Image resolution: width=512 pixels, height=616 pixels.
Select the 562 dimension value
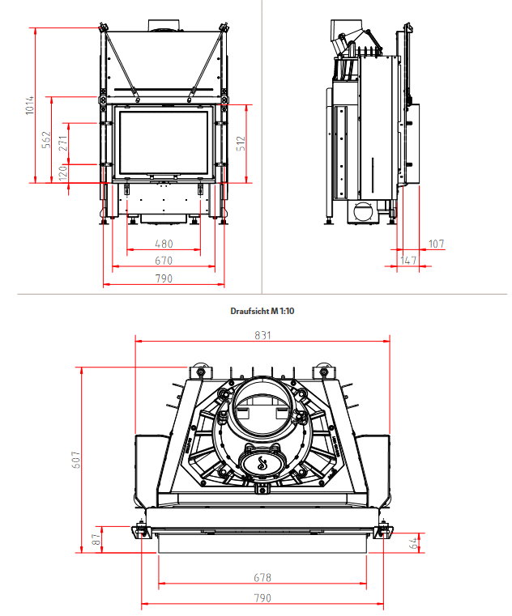(x=46, y=139)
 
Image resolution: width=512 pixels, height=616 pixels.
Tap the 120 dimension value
(x=63, y=172)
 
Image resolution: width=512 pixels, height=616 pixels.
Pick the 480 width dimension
(x=164, y=244)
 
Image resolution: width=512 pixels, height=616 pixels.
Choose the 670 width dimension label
(x=164, y=261)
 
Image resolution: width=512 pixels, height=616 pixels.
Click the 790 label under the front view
(x=164, y=278)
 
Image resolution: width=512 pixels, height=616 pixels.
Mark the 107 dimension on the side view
(x=437, y=244)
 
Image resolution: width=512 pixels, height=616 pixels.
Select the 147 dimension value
(x=408, y=261)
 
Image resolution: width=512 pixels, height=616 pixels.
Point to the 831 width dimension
(x=263, y=335)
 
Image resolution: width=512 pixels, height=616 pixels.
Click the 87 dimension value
(x=97, y=539)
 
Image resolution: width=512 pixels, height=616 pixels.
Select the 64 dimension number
(x=413, y=543)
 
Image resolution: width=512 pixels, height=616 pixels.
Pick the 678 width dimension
(x=262, y=578)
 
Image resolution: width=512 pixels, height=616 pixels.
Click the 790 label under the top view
(x=262, y=598)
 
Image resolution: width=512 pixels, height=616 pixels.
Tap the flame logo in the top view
(x=262, y=463)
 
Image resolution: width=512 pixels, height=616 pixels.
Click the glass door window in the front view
(x=164, y=142)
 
